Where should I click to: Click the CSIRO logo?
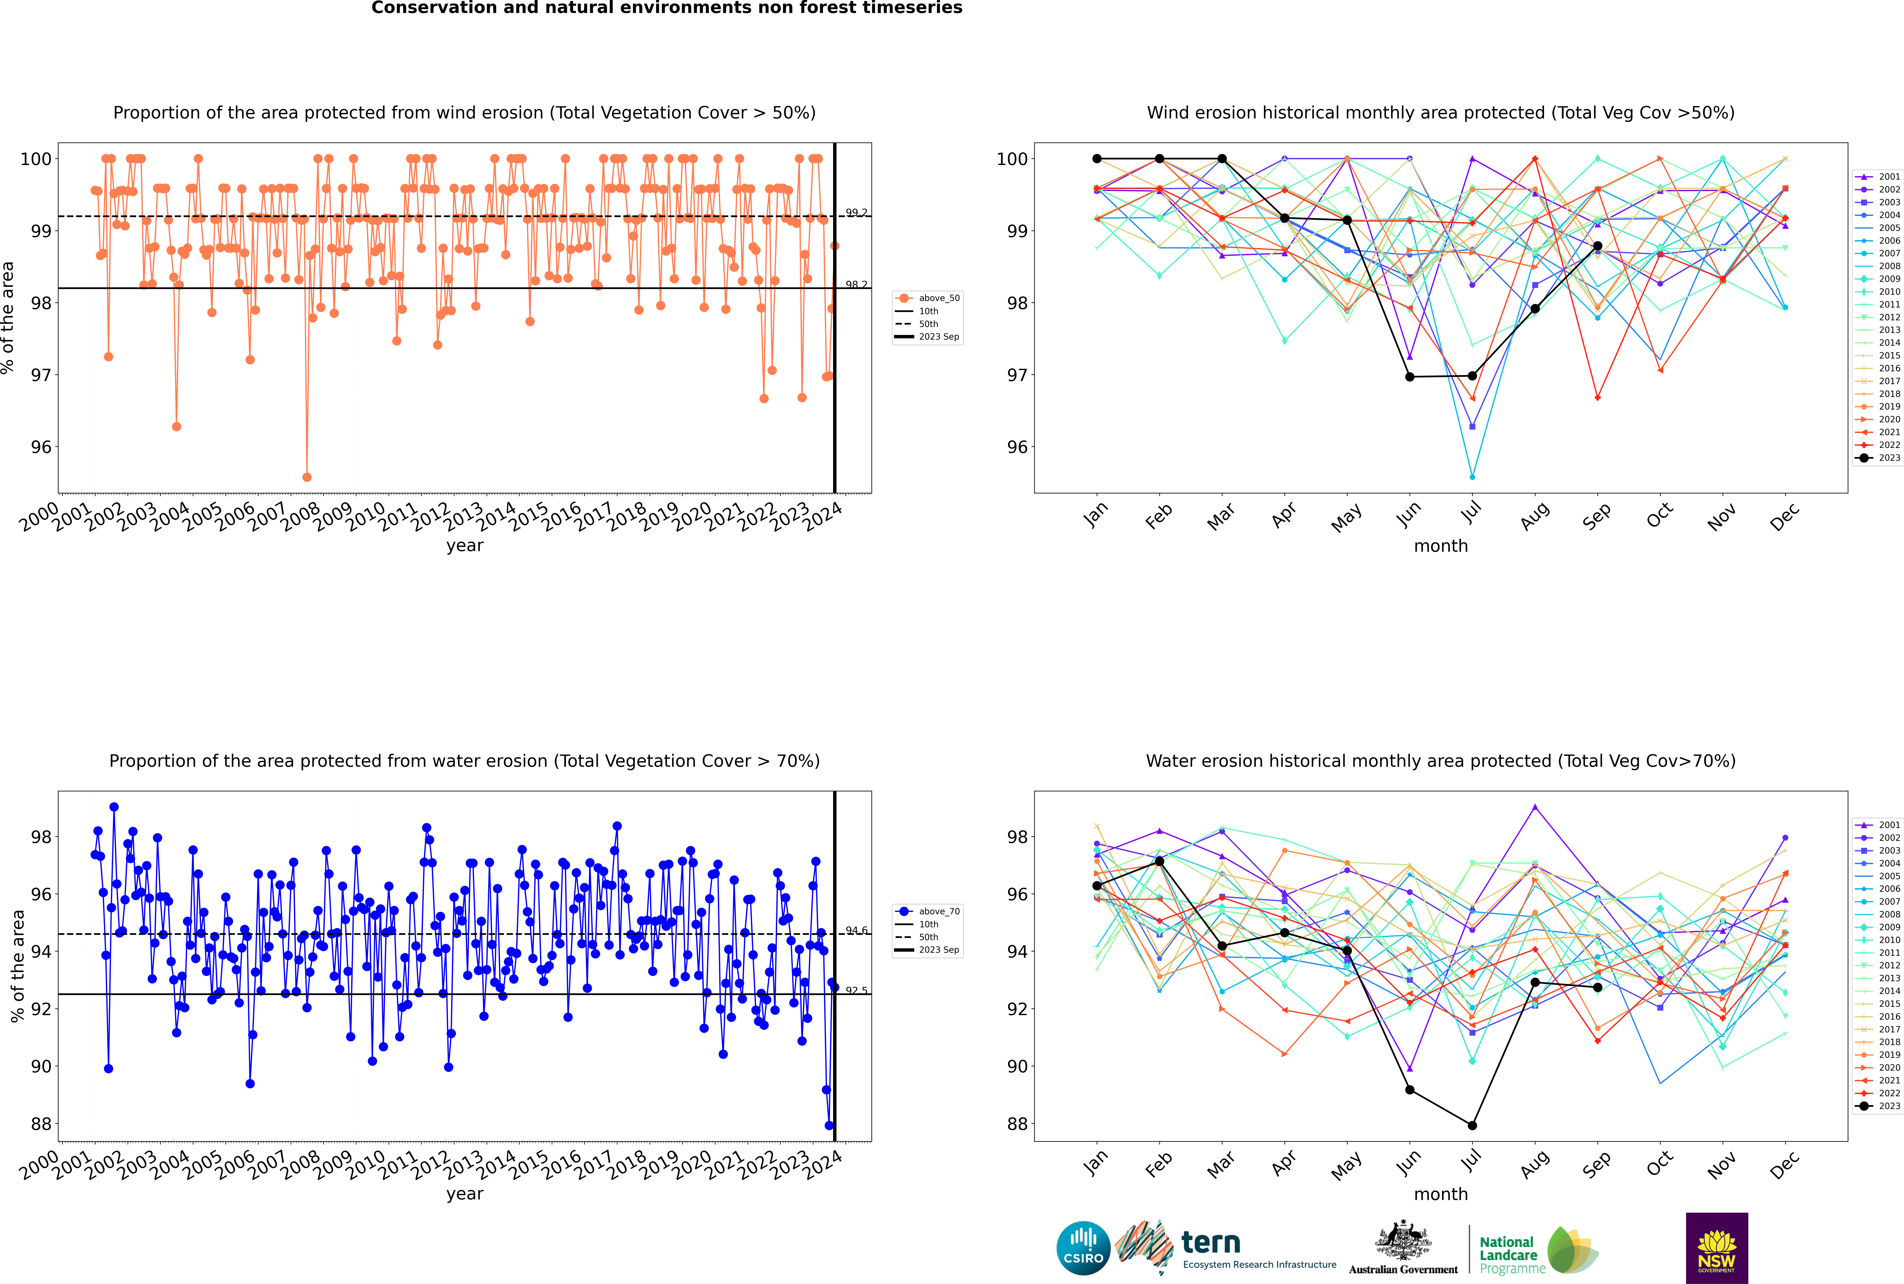click(x=1083, y=1248)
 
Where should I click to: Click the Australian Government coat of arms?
click(x=1403, y=1241)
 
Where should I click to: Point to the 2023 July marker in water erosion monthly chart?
click(x=1472, y=1125)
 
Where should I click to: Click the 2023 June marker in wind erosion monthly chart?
click(x=1410, y=377)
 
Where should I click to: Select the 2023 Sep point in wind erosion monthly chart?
click(x=1597, y=246)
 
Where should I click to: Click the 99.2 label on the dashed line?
click(x=856, y=213)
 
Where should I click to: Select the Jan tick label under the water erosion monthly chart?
click(x=1096, y=1164)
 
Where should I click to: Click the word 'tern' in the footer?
click(x=1211, y=1243)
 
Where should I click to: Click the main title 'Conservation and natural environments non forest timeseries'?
click(x=666, y=8)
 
